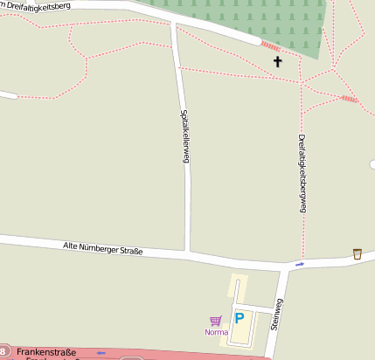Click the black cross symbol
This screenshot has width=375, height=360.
[278, 61]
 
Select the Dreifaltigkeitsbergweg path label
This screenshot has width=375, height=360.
[302, 174]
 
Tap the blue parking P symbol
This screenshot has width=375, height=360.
[239, 319]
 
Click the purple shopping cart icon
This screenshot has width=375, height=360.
[215, 321]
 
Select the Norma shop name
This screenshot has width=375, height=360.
[216, 332]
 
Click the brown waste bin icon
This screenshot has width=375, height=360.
[357, 253]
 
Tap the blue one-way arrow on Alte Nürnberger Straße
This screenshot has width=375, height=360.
[300, 264]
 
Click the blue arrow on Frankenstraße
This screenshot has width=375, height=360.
[101, 353]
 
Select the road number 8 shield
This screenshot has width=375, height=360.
[3, 350]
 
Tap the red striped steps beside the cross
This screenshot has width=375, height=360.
[271, 45]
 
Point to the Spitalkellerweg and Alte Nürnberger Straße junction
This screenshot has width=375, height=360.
[188, 253]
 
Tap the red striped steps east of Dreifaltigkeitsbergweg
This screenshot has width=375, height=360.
[349, 99]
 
